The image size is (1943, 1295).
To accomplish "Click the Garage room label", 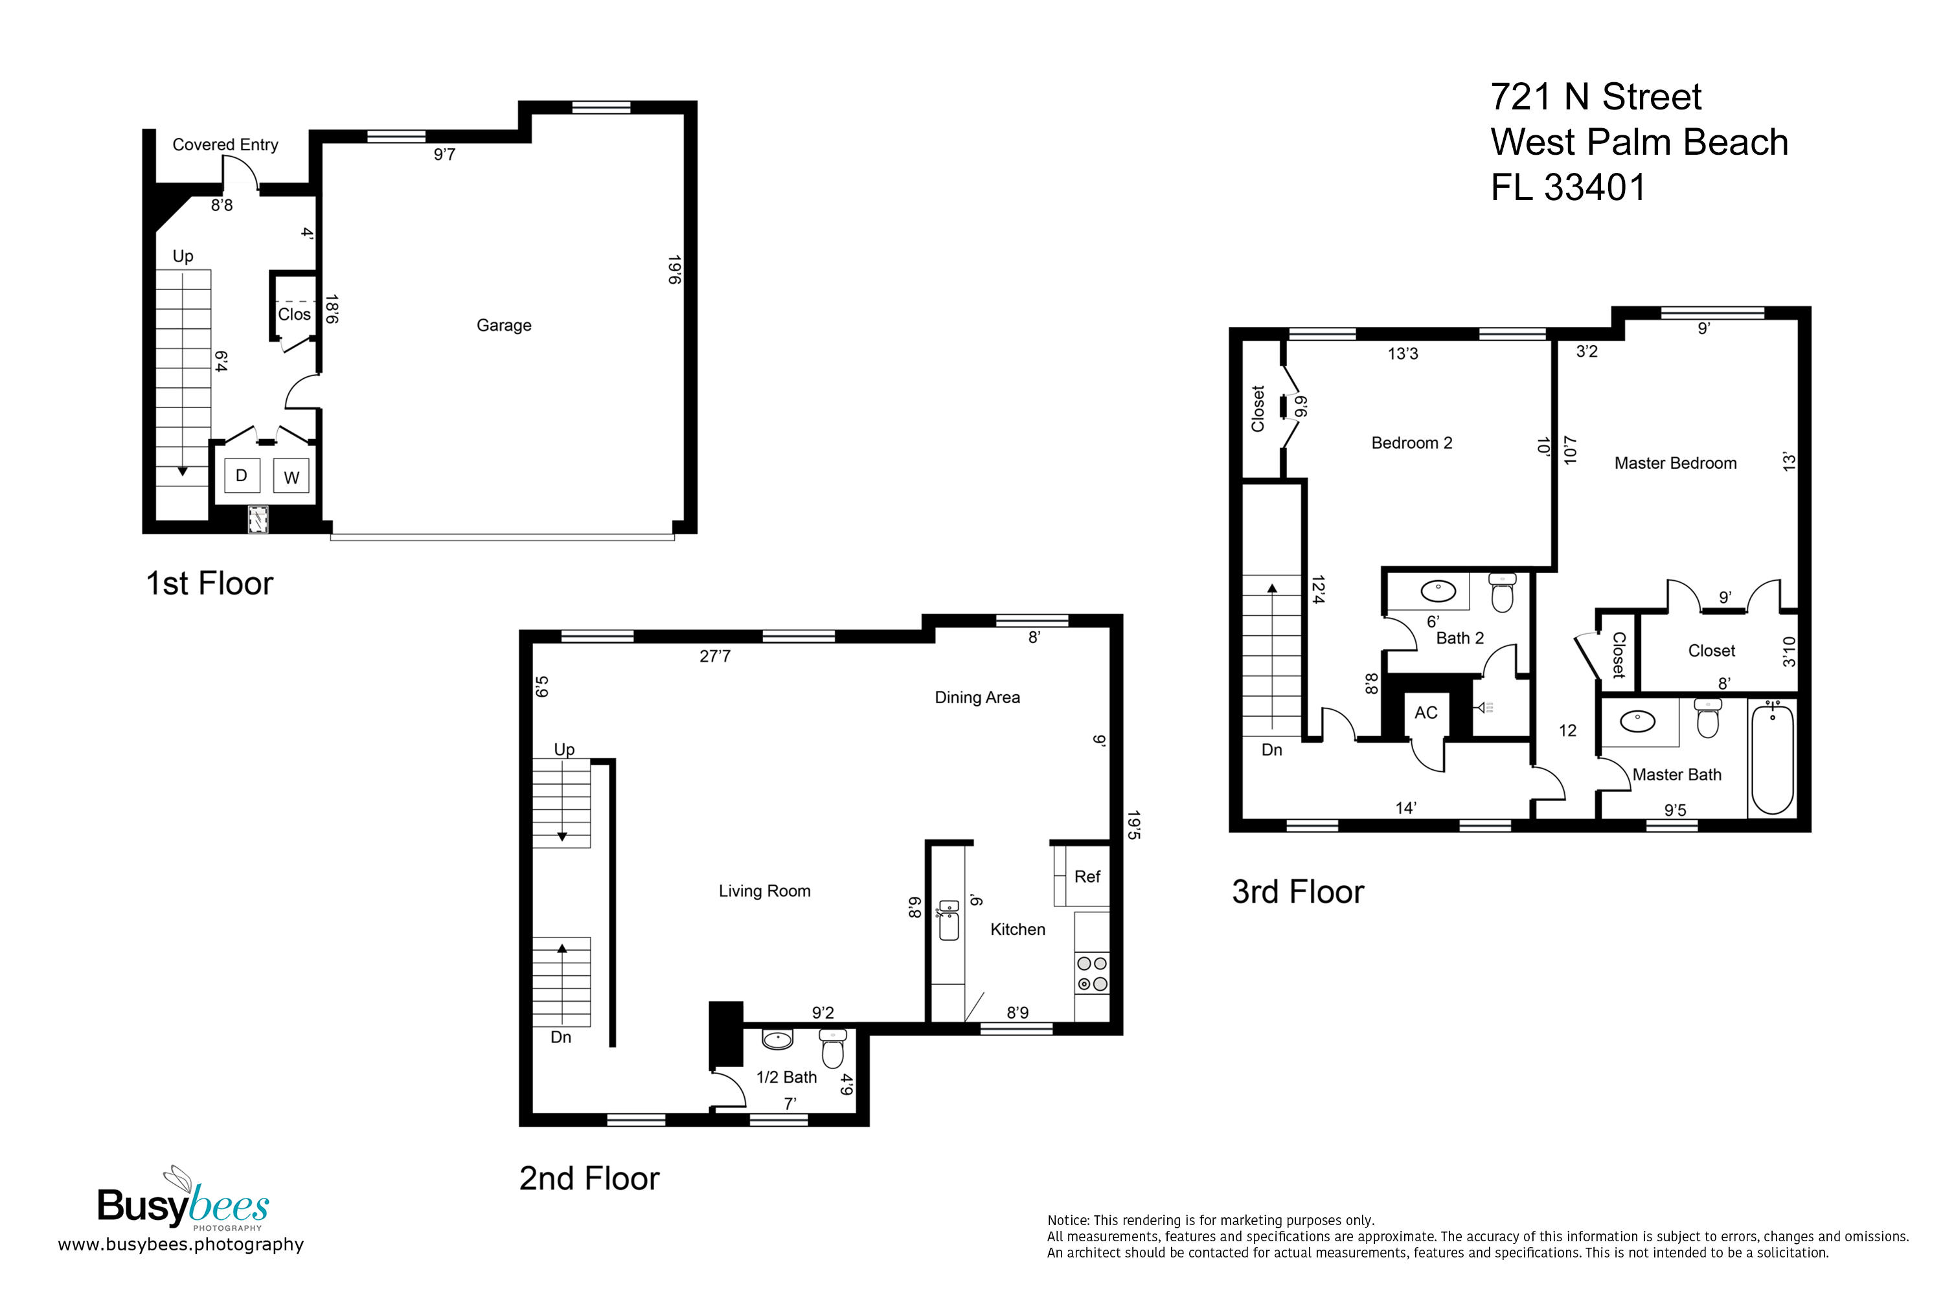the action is (504, 326).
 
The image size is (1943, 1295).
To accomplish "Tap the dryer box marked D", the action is (242, 476).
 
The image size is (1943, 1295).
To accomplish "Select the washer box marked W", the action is (291, 477).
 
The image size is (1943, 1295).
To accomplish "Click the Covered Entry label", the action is (225, 144).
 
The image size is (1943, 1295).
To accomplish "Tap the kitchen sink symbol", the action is (949, 920).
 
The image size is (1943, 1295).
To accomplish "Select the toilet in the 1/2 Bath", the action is (833, 1049).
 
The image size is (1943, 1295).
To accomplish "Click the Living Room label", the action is (764, 891).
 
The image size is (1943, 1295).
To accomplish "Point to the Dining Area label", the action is (977, 698).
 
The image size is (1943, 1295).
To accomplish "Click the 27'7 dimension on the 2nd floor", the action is (714, 657).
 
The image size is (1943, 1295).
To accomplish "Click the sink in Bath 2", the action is (1438, 591).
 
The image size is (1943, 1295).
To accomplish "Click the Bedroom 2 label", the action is (1411, 444).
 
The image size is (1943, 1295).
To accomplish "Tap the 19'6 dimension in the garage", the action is (674, 270).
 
